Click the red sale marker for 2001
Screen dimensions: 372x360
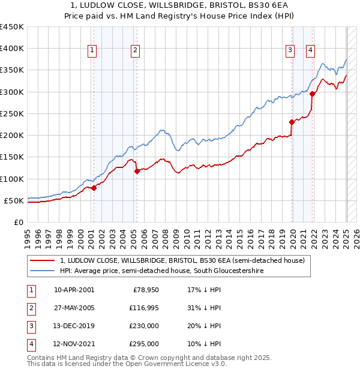coord(94,188)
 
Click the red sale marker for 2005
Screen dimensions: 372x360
coord(137,171)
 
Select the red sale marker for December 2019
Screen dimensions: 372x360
coord(292,122)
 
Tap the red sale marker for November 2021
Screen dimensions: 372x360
coord(312,94)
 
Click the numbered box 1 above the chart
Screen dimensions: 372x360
coord(92,50)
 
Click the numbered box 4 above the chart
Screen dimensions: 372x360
coord(310,50)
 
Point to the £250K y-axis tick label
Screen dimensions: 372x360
coord(12,113)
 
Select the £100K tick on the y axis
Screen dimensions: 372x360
coord(12,179)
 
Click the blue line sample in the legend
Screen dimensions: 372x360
coord(43,271)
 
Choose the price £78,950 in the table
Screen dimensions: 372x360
coord(145,289)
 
